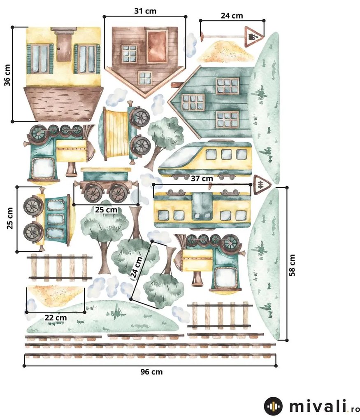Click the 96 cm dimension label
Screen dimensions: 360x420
[x=151, y=372]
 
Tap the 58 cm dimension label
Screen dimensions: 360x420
[x=292, y=265]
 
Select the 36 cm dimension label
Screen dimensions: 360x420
[x=7, y=75]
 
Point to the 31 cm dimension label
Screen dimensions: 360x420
[x=145, y=11]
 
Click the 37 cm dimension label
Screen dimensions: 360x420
[x=202, y=178]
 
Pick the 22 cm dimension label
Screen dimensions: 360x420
[x=56, y=318]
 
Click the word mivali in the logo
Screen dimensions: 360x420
[x=318, y=406]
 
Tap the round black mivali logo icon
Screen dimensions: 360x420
[x=273, y=406]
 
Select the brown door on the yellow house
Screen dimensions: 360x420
[x=64, y=48]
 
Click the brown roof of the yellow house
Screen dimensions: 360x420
[x=63, y=103]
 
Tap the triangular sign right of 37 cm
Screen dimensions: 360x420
[x=262, y=184]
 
